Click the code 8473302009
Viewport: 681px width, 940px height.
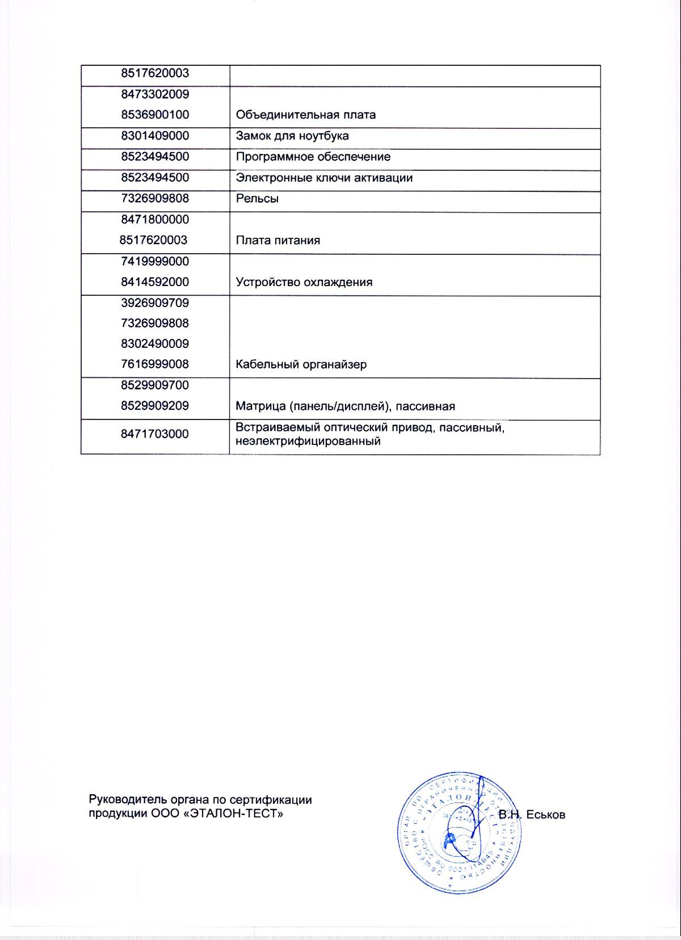pyautogui.click(x=155, y=94)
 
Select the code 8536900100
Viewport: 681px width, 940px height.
pyautogui.click(x=155, y=115)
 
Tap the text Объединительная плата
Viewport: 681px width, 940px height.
pyautogui.click(x=305, y=115)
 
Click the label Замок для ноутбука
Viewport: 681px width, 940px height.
pyautogui.click(x=292, y=136)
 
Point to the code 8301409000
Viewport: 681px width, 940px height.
pyautogui.click(x=155, y=136)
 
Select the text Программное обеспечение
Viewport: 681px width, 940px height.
pyautogui.click(x=313, y=157)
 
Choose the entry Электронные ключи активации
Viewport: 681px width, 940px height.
pyautogui.click(x=323, y=178)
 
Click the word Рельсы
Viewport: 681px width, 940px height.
pyautogui.click(x=257, y=199)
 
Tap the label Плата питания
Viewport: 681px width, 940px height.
pyautogui.click(x=278, y=241)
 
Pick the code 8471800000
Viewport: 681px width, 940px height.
pyautogui.click(x=155, y=220)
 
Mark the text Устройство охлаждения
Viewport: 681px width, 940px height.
pyautogui.click(x=304, y=282)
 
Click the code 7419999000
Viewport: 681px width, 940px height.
pyautogui.click(x=155, y=262)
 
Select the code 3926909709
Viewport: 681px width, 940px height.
pyautogui.click(x=155, y=303)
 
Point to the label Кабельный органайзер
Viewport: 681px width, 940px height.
pyautogui.click(x=301, y=364)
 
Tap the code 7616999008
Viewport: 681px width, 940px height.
pyautogui.click(x=155, y=364)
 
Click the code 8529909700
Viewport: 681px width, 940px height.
pyautogui.click(x=155, y=385)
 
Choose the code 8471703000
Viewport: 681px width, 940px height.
pyautogui.click(x=155, y=434)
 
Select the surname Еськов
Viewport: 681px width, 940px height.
pyautogui.click(x=546, y=815)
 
